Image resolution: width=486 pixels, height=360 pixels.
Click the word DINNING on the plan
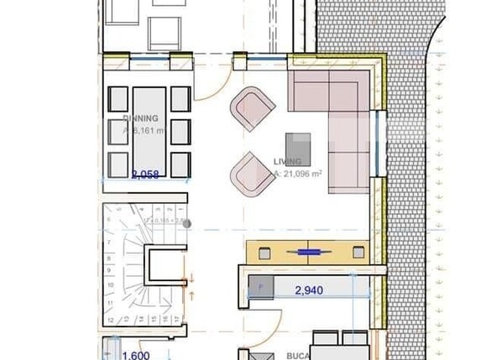pyautogui.click(x=140, y=118)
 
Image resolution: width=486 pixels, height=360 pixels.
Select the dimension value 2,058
pyautogui.click(x=145, y=175)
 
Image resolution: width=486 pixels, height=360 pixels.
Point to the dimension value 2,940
pyautogui.click(x=309, y=290)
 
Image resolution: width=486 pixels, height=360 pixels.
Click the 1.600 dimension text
pyautogui.click(x=137, y=355)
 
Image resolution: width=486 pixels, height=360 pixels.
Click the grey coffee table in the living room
pyautogui.click(x=298, y=149)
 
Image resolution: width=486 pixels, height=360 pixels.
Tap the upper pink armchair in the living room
pyautogui.click(x=253, y=107)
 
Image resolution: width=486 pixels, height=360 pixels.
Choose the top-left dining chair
pyautogui.click(x=118, y=99)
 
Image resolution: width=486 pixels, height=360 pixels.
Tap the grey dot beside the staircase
pyautogui.click(x=187, y=223)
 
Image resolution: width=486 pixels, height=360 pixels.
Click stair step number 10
pyautogui.click(x=111, y=295)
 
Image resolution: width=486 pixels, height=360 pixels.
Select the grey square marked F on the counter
pyautogui.click(x=260, y=287)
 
